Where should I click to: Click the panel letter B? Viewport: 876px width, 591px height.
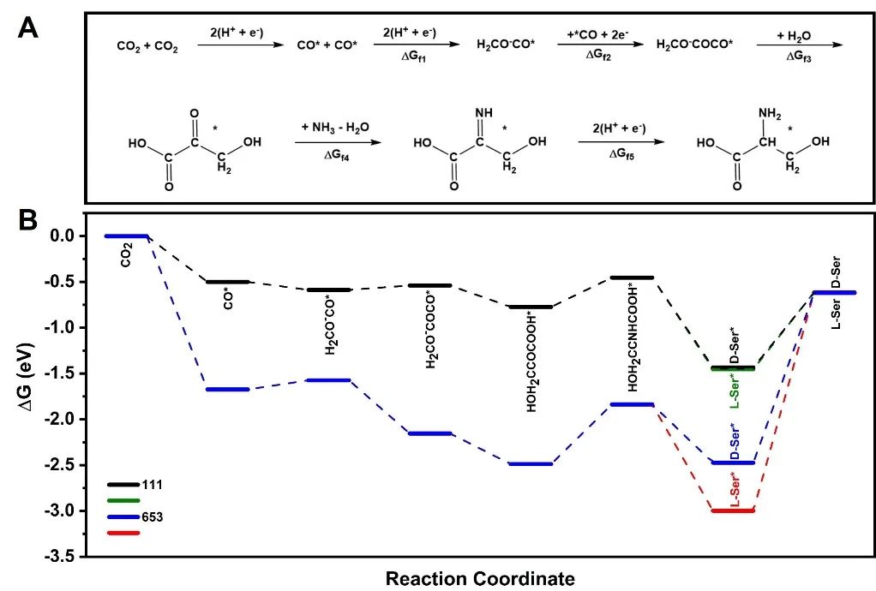point(28,221)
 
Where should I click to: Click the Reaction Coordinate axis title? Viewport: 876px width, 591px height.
point(480,579)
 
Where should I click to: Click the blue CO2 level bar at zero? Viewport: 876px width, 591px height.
point(126,236)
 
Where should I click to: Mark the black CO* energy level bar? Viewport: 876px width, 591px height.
point(227,281)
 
